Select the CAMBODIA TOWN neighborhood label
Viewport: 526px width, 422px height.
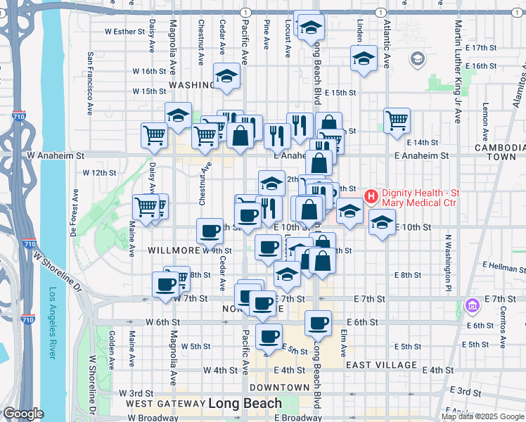500,153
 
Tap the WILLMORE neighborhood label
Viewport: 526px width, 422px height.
174,250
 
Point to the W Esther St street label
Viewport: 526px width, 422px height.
124,32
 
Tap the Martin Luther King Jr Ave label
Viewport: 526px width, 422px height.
457,70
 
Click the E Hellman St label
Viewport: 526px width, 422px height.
495,268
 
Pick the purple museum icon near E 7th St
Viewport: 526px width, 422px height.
471,305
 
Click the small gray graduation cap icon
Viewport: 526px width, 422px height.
418,58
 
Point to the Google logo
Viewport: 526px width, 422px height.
23,414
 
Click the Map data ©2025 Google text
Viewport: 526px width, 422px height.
482,416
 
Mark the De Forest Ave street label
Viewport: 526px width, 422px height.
75,211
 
